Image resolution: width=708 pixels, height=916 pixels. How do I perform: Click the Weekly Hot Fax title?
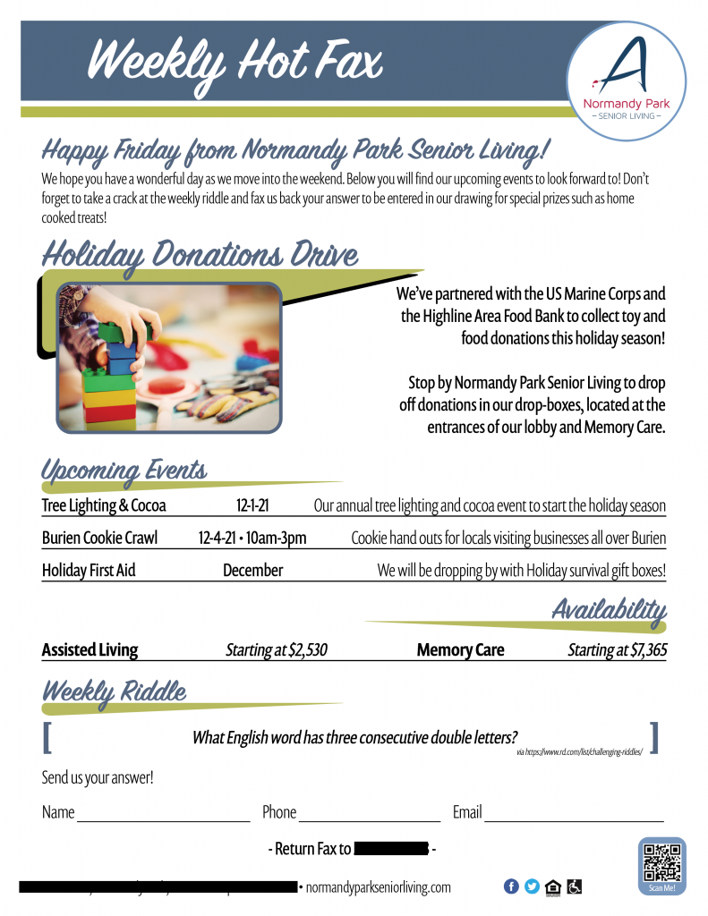[235, 62]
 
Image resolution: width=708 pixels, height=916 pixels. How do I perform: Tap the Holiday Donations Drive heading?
[200, 256]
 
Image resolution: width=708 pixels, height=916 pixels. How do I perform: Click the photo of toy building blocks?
[169, 358]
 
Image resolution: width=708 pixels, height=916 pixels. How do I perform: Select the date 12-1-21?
[253, 506]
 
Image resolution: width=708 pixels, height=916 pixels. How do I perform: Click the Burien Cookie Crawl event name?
[99, 539]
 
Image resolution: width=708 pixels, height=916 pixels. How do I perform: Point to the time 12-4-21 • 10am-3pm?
[252, 539]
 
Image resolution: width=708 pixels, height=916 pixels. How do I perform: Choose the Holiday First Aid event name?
[89, 570]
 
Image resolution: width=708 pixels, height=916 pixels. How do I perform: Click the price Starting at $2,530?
[276, 650]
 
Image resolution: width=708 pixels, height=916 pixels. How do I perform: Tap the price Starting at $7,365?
[617, 650]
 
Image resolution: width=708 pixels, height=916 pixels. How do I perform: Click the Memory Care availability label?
[460, 650]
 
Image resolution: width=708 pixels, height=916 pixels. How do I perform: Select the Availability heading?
[609, 611]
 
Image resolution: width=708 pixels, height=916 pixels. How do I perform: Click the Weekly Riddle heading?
[114, 691]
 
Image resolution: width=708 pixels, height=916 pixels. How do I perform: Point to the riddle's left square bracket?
[47, 737]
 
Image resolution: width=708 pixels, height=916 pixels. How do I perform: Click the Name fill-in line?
[164, 818]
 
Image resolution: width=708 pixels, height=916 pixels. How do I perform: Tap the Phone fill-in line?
[370, 818]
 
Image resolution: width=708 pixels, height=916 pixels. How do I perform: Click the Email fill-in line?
[574, 818]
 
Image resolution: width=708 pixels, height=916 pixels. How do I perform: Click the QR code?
[662, 862]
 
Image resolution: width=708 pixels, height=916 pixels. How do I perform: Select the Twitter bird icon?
[533, 886]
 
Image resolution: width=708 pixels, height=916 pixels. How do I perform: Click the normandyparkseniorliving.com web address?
[379, 887]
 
